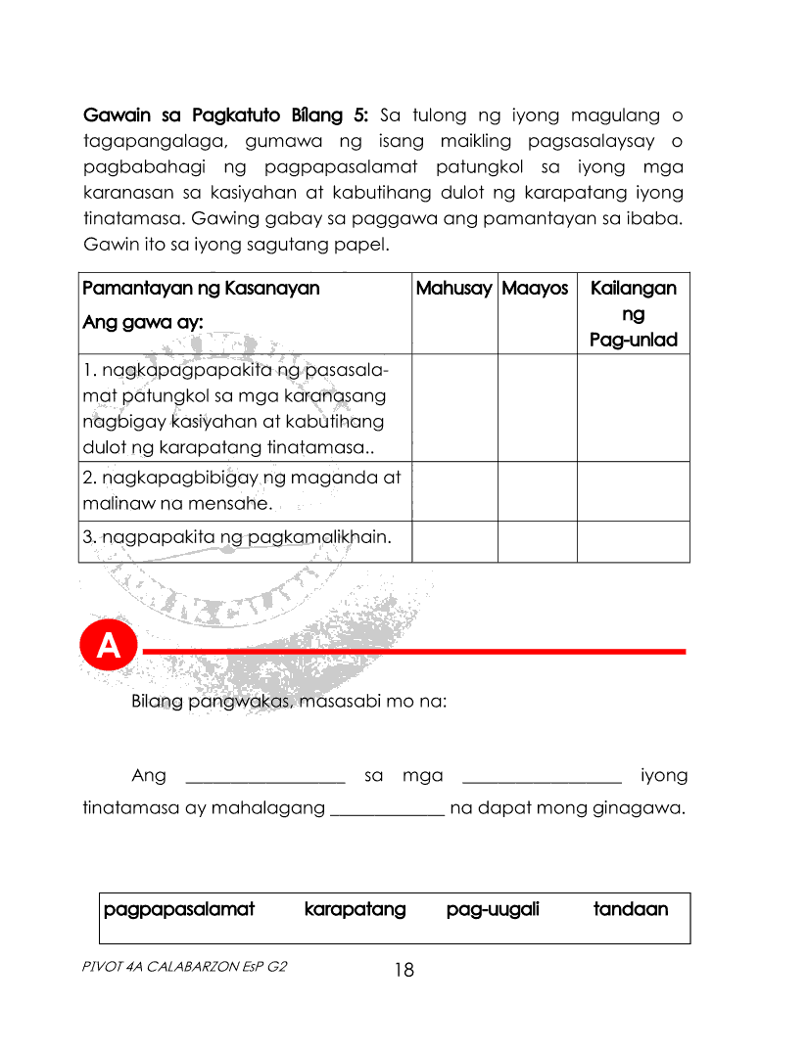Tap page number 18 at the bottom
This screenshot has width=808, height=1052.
coord(404,970)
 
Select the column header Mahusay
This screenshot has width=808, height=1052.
coord(453,289)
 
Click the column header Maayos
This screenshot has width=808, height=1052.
coord(535,289)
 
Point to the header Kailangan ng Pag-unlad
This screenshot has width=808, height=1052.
coord(633,314)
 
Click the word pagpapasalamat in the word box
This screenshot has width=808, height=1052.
coord(178,909)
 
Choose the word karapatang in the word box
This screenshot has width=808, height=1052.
coord(355,909)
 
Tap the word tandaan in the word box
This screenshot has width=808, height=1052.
coord(631,909)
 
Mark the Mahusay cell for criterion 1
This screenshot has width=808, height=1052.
coord(454,408)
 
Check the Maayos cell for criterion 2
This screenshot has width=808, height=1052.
coord(537,491)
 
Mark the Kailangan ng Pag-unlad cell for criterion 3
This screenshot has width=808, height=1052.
coord(633,541)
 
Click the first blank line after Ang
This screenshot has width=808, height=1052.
coord(264,779)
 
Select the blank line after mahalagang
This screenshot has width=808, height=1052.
coord(389,812)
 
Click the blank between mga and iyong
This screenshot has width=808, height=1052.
coord(542,779)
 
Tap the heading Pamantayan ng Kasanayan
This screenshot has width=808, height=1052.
coord(201,289)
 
